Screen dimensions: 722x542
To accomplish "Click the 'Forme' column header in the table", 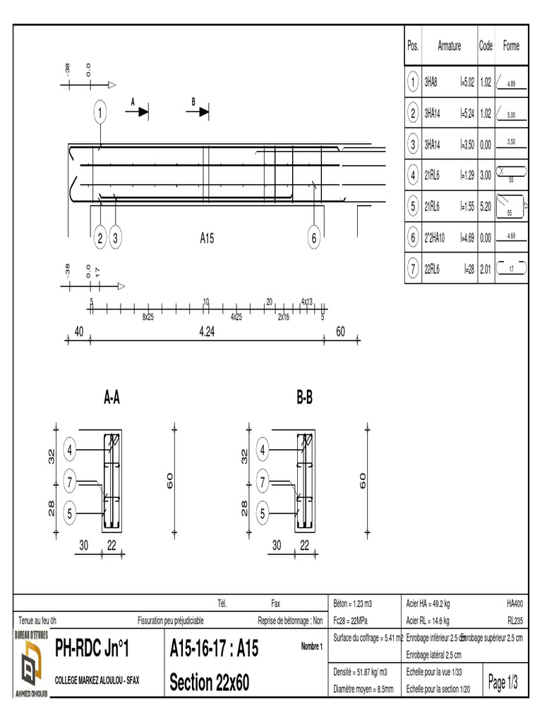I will click(x=511, y=46).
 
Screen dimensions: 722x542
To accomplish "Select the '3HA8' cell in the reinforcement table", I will click(x=432, y=83).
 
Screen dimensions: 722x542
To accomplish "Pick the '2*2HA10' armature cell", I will click(x=435, y=238).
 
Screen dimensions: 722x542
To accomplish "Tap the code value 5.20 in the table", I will click(x=486, y=207).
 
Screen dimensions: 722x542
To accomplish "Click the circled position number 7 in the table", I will click(x=413, y=268).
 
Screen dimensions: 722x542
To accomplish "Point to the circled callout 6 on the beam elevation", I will click(x=314, y=238).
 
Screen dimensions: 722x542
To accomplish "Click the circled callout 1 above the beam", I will click(x=101, y=111).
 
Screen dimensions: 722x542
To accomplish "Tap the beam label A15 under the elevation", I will click(x=206, y=239).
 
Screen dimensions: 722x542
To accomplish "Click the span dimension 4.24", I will click(x=206, y=332).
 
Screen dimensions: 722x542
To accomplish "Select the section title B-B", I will click(x=304, y=399).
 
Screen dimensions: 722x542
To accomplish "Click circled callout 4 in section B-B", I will click(x=263, y=449).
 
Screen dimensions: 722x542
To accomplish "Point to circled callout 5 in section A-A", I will click(x=69, y=514).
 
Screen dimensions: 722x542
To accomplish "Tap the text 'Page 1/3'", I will click(x=503, y=683).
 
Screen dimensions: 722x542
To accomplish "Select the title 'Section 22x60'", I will click(x=210, y=683).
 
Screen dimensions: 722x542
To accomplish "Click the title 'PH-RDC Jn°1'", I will click(x=92, y=648).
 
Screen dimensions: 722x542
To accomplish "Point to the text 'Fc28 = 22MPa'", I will click(x=350, y=620).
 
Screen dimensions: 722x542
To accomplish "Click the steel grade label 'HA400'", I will click(x=514, y=604).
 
